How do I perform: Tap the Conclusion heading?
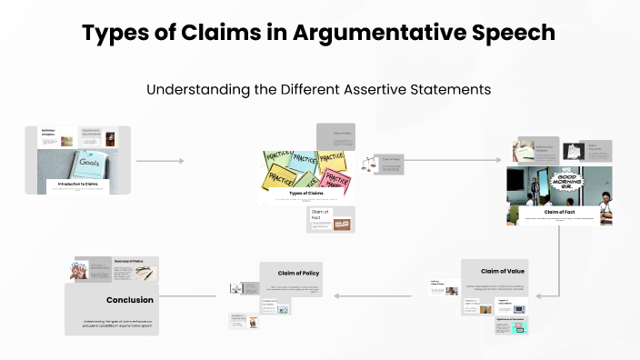129,299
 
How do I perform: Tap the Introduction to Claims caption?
77,184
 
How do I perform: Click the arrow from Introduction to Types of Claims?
159,161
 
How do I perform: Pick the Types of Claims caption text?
306,193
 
